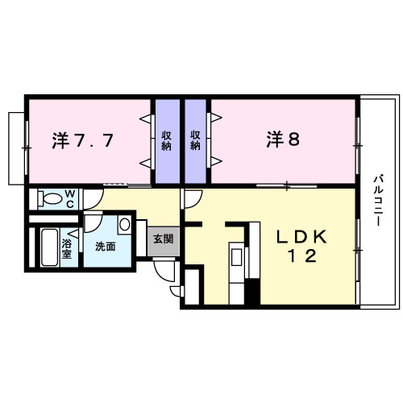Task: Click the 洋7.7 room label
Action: coord(83,140)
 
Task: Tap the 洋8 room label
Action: coord(284,139)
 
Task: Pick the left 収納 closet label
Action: coord(167,141)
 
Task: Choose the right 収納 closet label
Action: coord(196,141)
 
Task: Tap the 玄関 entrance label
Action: coord(164,239)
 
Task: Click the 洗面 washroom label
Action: coord(105,246)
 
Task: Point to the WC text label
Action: coord(70,198)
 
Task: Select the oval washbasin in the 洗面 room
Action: coord(125,225)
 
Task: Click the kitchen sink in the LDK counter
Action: coord(235,258)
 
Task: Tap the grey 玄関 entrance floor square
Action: coord(164,240)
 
